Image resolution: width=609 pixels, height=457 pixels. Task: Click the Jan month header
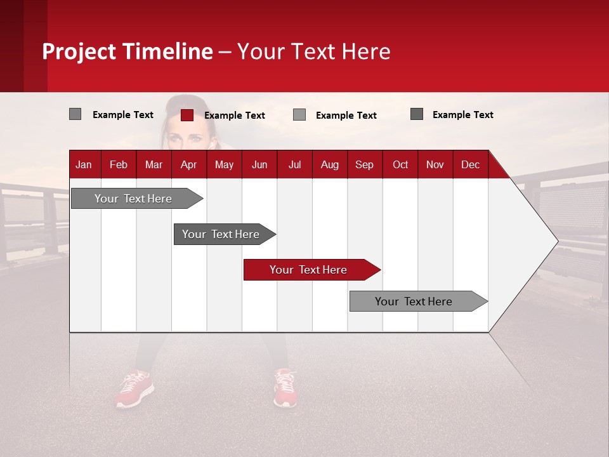pos(84,164)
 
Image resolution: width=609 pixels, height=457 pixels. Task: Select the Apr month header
pos(188,164)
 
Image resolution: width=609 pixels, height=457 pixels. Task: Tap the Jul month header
pos(294,164)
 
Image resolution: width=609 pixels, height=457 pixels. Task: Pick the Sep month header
pos(364,164)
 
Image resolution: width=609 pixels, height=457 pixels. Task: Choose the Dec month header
pos(470,164)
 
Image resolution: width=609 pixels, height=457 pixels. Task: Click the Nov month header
pos(435,164)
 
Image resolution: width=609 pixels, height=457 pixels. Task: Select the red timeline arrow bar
pos(311,270)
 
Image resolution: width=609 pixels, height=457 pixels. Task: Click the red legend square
pos(187,115)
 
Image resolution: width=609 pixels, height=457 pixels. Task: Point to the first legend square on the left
pos(75,114)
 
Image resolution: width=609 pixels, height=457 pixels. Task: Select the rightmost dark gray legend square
pos(417,114)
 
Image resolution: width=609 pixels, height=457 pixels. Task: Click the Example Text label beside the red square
pos(234,116)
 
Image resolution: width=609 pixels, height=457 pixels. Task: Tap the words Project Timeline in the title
pos(127,51)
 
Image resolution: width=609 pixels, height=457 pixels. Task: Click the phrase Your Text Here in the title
pos(313,51)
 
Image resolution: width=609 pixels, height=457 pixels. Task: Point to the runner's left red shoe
pos(134,389)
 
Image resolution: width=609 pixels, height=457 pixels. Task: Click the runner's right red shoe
pos(285,388)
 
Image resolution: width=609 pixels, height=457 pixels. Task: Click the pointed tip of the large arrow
pos(556,241)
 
